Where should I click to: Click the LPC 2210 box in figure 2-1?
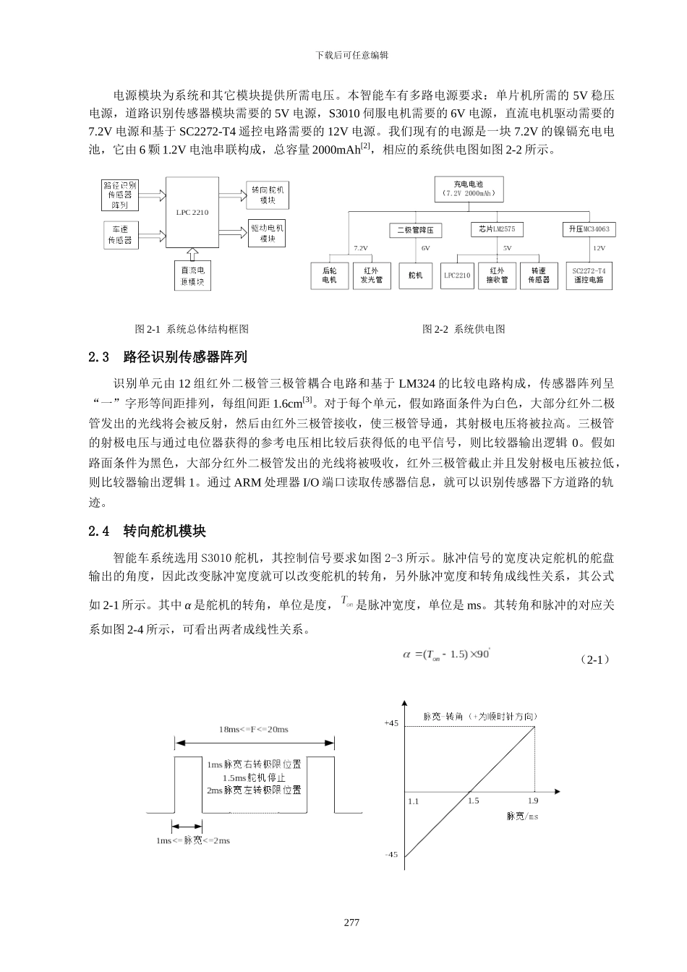(x=192, y=213)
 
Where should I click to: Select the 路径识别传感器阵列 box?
(x=120, y=195)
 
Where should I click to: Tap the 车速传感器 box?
(x=120, y=234)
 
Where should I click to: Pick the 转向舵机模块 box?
(x=268, y=195)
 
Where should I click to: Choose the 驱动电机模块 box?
(x=268, y=233)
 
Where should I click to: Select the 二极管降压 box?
(x=415, y=230)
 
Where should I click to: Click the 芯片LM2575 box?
(x=496, y=229)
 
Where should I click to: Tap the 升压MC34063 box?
(x=588, y=229)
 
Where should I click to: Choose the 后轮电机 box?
(x=330, y=276)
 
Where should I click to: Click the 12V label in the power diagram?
(x=599, y=248)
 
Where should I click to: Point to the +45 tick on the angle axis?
(x=391, y=723)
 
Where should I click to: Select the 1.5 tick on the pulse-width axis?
(x=473, y=801)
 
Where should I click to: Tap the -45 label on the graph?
(x=391, y=854)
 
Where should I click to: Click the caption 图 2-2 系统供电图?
(x=464, y=329)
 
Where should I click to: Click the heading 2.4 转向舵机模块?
(x=147, y=532)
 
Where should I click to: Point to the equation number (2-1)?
(x=595, y=660)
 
